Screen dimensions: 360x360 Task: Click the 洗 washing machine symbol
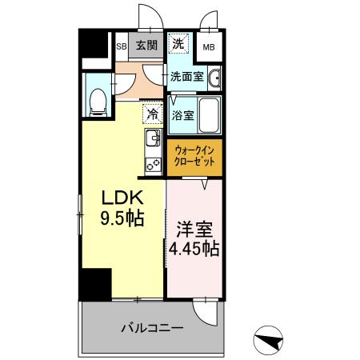180,44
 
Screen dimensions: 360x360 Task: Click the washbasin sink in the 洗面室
216,78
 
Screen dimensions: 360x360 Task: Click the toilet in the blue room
97,101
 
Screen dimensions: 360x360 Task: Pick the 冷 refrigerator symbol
152,115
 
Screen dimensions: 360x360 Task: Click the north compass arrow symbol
270,340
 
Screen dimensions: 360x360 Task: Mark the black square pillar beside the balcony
95,283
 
